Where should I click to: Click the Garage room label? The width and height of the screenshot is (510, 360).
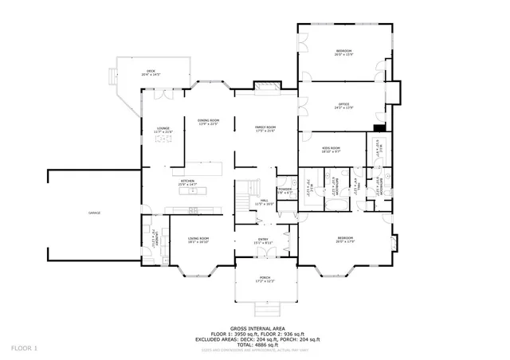point(93,213)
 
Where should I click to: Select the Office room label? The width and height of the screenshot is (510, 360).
point(343,105)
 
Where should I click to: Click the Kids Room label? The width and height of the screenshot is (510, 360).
point(331,148)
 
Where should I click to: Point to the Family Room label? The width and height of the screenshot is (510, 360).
point(265,128)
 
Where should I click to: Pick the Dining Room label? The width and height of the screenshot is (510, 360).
point(208,121)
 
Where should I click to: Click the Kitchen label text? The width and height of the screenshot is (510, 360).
point(187,182)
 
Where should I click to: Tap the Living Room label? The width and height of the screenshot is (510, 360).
point(198,241)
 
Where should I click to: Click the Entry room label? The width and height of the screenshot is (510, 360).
point(263,241)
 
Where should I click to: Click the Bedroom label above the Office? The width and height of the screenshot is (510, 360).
point(343,53)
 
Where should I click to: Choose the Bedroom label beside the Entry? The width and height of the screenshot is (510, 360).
point(344,240)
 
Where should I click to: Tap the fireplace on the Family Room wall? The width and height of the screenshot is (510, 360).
point(264,84)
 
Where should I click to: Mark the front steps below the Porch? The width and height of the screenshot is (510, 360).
point(264,309)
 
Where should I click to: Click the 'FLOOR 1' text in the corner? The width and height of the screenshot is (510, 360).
point(25,348)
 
